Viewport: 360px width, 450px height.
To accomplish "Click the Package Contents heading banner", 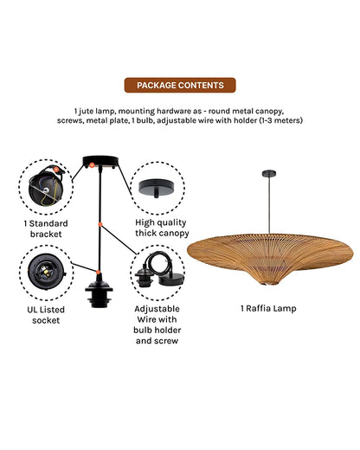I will tap(179, 86).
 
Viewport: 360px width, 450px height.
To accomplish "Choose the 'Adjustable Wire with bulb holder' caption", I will tap(157, 321).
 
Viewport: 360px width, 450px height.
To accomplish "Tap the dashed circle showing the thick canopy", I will tap(157, 186).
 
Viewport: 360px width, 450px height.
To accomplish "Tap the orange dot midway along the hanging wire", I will tap(101, 225).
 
